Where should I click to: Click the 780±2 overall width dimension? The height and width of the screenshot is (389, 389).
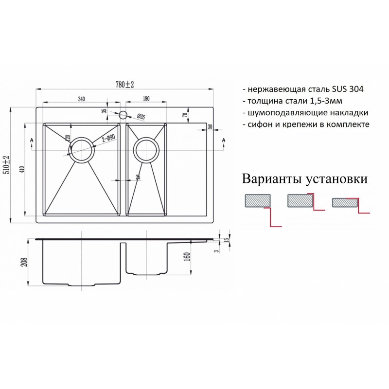tap(124, 85)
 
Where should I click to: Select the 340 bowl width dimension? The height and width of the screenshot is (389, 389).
tap(81, 99)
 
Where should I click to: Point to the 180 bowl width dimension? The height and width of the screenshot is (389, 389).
tap(146, 99)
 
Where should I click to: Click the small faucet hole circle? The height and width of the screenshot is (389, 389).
tap(123, 115)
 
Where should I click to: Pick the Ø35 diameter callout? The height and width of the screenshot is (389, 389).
tap(141, 116)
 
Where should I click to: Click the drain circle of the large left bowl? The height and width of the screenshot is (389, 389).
tap(82, 150)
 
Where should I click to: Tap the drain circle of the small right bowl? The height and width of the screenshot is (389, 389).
tap(146, 150)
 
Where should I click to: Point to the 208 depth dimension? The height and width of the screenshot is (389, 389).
tap(25, 262)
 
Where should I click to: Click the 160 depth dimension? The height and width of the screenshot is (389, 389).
tap(188, 257)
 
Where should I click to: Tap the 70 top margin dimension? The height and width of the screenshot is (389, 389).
tap(185, 115)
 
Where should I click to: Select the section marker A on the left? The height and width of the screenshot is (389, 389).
tap(32, 140)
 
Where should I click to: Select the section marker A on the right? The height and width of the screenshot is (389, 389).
tap(224, 140)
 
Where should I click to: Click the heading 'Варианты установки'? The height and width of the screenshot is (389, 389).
tap(305, 179)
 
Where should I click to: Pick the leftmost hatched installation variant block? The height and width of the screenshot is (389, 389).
tap(258, 200)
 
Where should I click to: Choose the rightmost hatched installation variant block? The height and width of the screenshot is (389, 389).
tap(345, 202)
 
